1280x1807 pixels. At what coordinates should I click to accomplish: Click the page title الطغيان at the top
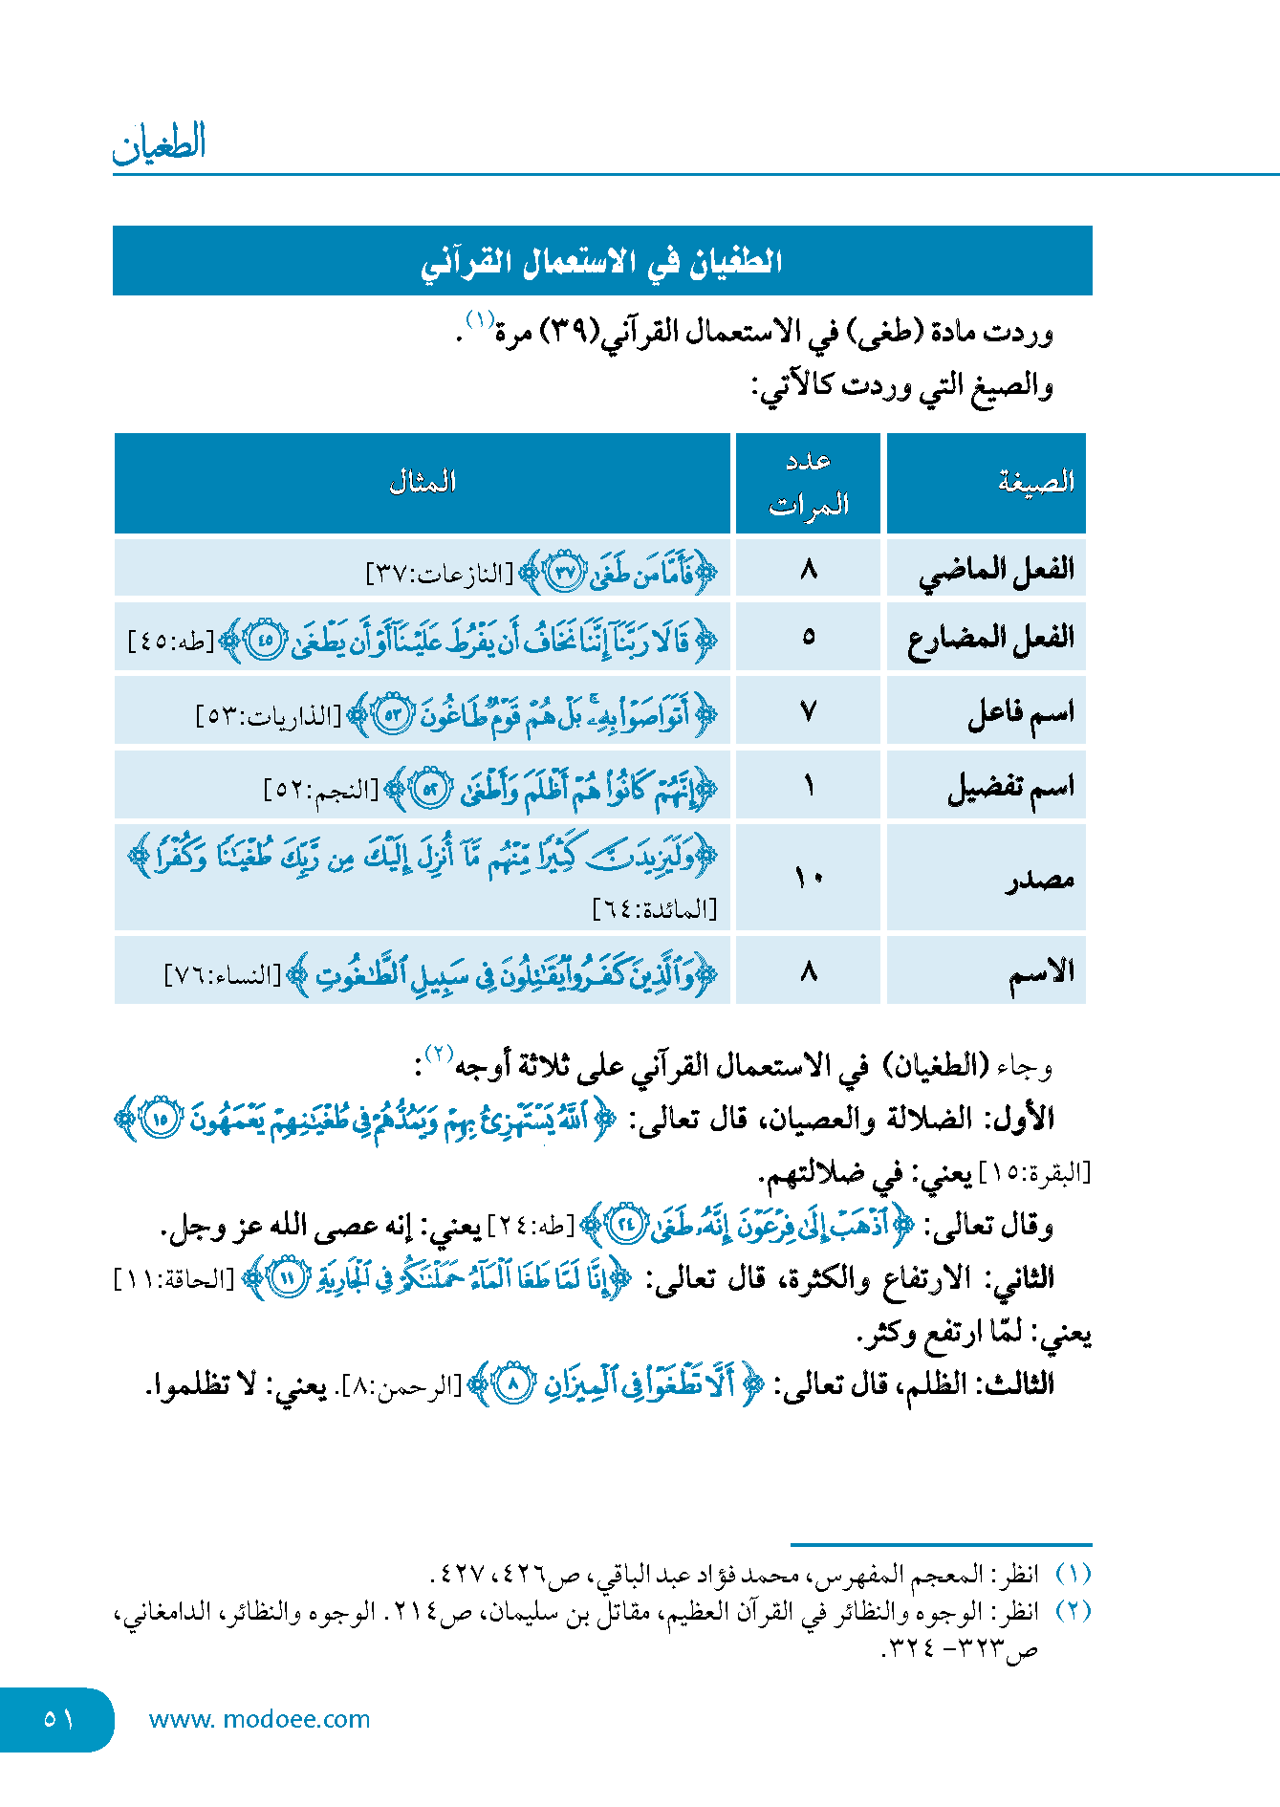(160, 143)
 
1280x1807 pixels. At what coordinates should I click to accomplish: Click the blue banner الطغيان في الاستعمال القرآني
(602, 261)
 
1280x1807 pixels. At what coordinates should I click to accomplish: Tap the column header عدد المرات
(809, 483)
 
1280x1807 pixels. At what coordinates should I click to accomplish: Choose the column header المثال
(423, 482)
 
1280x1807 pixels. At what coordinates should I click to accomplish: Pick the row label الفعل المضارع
(991, 638)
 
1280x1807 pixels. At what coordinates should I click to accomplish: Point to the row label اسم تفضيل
(1010, 787)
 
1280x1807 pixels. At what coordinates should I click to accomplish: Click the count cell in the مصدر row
(809, 878)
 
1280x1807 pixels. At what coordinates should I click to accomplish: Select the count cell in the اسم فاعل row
(809, 711)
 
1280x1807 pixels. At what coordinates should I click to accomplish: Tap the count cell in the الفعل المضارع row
(809, 637)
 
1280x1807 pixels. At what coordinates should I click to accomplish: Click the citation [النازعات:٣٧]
(440, 574)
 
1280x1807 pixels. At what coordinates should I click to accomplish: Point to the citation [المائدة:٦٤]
(655, 909)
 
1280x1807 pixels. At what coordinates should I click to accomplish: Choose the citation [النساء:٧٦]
(224, 975)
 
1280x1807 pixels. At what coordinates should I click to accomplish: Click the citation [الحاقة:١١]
(174, 1279)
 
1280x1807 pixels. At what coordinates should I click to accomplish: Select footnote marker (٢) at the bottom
(1074, 1611)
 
